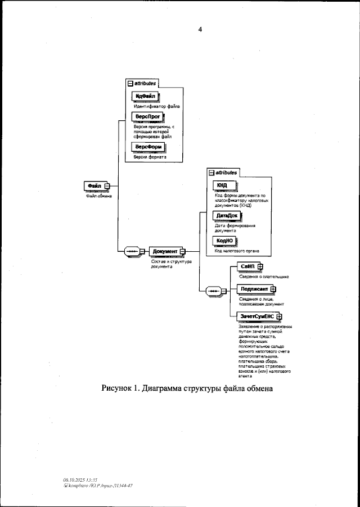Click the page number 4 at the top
pos(199,29)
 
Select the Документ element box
pos(165,251)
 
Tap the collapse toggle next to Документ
pos(182,251)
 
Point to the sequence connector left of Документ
pos(133,251)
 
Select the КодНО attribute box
pos(224,241)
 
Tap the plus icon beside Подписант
pos(273,289)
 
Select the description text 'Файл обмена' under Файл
pos(99,197)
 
